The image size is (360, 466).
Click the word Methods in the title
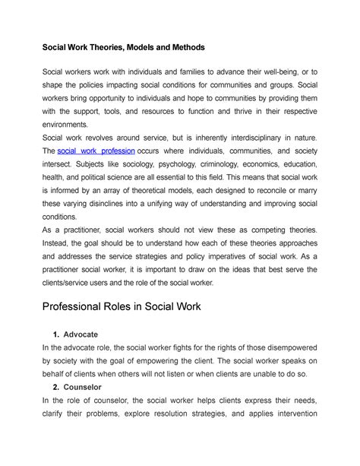pyautogui.click(x=177, y=47)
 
